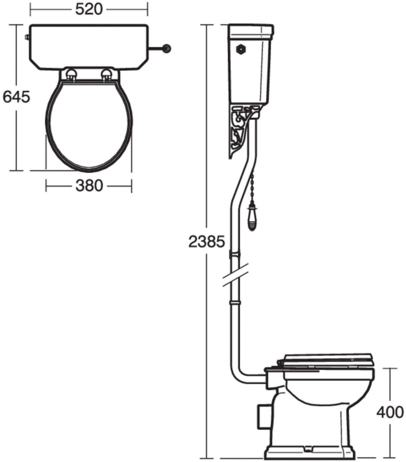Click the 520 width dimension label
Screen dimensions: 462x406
click(89, 9)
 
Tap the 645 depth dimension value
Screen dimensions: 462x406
click(16, 97)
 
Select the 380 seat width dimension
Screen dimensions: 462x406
click(89, 186)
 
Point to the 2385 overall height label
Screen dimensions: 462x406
click(207, 241)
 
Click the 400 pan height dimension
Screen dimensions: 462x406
click(390, 412)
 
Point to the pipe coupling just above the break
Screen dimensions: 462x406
click(235, 254)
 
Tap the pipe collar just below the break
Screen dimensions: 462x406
click(235, 301)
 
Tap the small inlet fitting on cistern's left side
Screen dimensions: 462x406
click(27, 37)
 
